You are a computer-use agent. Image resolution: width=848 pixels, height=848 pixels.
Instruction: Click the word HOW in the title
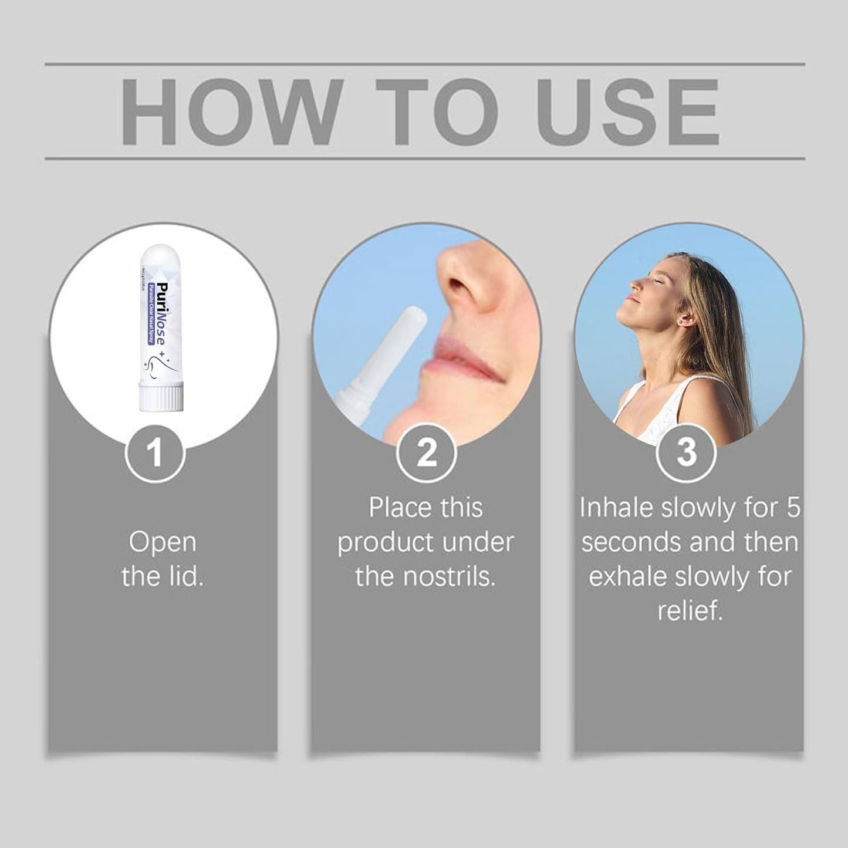click(231, 111)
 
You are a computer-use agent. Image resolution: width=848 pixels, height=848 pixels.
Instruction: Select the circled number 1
click(155, 454)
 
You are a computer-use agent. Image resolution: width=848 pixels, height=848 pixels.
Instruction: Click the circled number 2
click(426, 454)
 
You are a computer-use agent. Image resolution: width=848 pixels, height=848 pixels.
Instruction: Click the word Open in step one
click(163, 542)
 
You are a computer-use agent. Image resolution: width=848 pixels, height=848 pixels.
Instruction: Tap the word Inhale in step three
click(616, 508)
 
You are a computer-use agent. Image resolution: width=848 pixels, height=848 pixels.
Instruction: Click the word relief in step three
click(690, 611)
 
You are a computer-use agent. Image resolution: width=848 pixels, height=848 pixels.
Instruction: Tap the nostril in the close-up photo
click(469, 293)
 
